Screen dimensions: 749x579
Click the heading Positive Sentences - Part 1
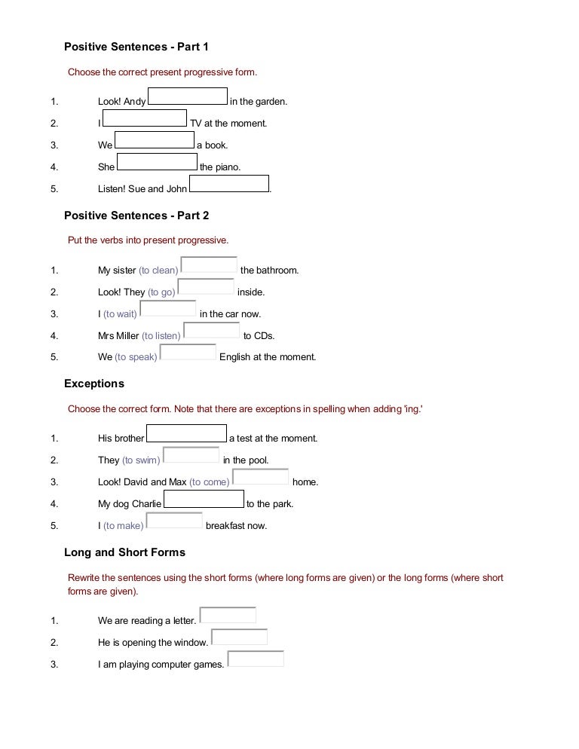point(136,47)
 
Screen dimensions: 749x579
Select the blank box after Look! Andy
point(188,96)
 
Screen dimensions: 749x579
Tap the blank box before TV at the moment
point(145,118)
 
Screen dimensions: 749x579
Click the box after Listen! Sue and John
point(229,184)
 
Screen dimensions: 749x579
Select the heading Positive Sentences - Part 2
point(136,216)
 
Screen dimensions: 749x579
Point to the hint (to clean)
point(158,271)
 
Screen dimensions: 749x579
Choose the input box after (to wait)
point(168,309)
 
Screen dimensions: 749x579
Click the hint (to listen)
point(161,336)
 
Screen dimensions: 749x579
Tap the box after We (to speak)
point(188,353)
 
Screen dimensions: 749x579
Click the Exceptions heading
point(94,384)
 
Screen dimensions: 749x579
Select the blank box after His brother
point(186,433)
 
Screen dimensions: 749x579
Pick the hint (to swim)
point(141,460)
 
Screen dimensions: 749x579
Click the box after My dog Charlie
point(204,499)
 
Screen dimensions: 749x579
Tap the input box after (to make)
point(174,521)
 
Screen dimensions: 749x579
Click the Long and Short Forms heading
point(124,552)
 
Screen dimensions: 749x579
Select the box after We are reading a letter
point(228,616)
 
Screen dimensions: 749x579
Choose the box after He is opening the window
point(239,637)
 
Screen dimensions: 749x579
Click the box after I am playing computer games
point(256,659)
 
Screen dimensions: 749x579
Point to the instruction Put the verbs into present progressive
point(148,240)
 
